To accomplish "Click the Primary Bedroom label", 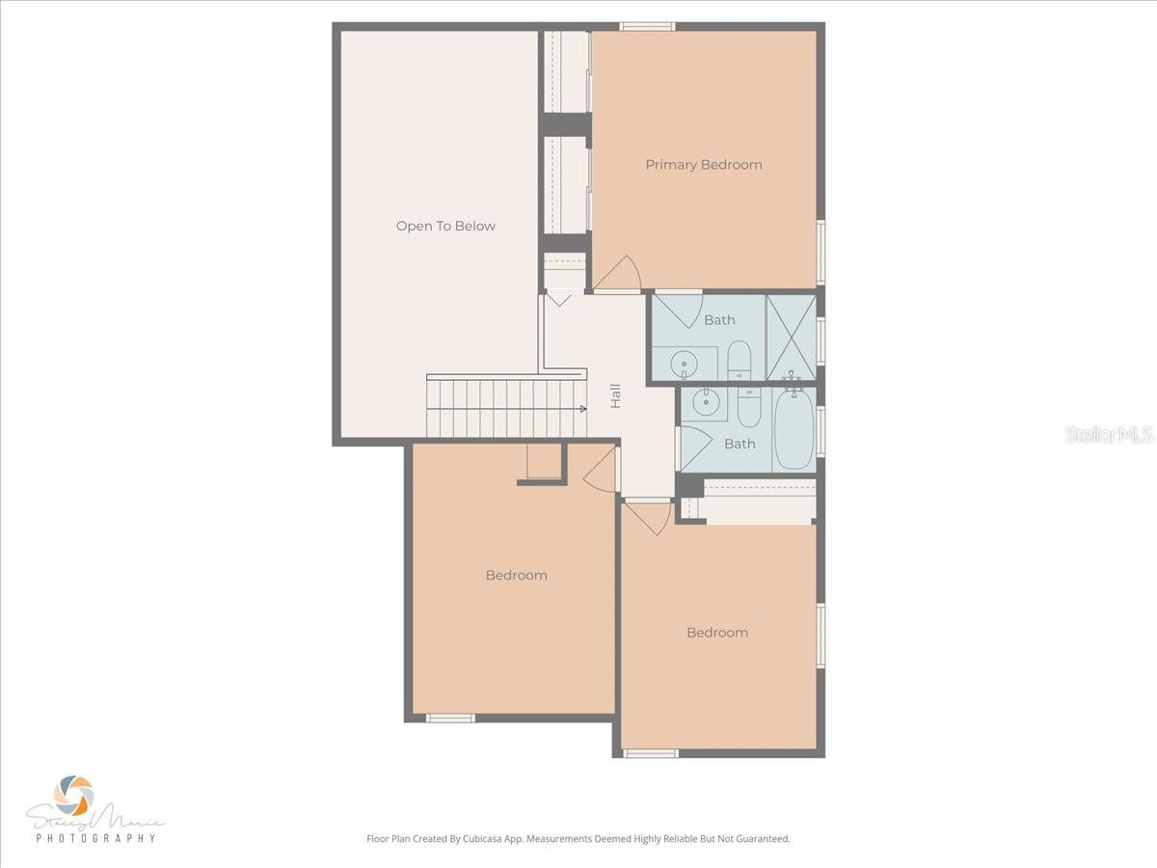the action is [704, 165].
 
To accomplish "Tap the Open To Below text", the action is [445, 226].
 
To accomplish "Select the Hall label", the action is [615, 395].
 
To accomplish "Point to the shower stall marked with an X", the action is [792, 338].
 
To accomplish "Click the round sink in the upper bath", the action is [684, 365].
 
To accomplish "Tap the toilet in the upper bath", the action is [739, 360].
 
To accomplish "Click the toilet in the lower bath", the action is [749, 407].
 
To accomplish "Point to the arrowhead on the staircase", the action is [583, 408].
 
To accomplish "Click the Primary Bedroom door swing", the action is [618, 274].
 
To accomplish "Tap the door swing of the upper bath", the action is [679, 311].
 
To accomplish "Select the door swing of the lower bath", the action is [696, 448].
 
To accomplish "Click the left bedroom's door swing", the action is [600, 470].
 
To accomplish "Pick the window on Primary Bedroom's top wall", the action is [647, 26].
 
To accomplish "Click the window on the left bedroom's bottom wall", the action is [450, 718].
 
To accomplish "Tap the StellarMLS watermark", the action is [1109, 434].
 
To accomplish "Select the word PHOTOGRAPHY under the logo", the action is [95, 837].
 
